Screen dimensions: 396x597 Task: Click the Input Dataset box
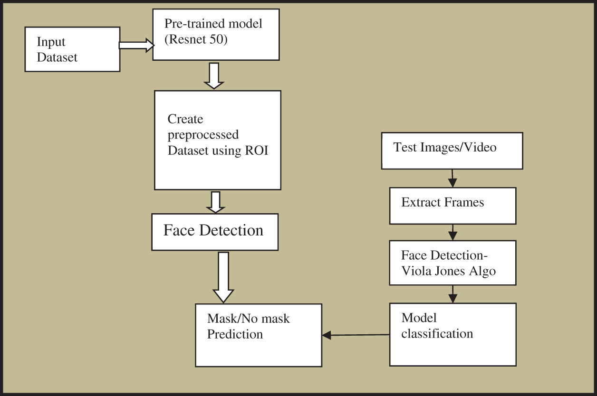72,49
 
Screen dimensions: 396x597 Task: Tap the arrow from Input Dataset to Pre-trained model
136,45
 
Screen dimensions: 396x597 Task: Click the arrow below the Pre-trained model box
213,75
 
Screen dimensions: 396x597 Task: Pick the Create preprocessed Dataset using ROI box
217,140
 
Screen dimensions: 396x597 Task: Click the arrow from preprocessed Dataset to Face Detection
216,202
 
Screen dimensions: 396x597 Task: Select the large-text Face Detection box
214,232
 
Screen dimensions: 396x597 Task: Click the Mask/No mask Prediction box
258,335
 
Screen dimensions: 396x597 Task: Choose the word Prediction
235,334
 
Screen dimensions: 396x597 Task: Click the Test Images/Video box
452,151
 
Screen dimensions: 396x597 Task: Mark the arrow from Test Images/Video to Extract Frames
453,178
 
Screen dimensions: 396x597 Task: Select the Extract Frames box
453,206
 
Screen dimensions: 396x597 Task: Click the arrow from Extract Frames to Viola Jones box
453,232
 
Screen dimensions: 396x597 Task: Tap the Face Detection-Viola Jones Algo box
453,263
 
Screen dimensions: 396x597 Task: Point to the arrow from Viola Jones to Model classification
453,294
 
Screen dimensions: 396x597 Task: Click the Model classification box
453,334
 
